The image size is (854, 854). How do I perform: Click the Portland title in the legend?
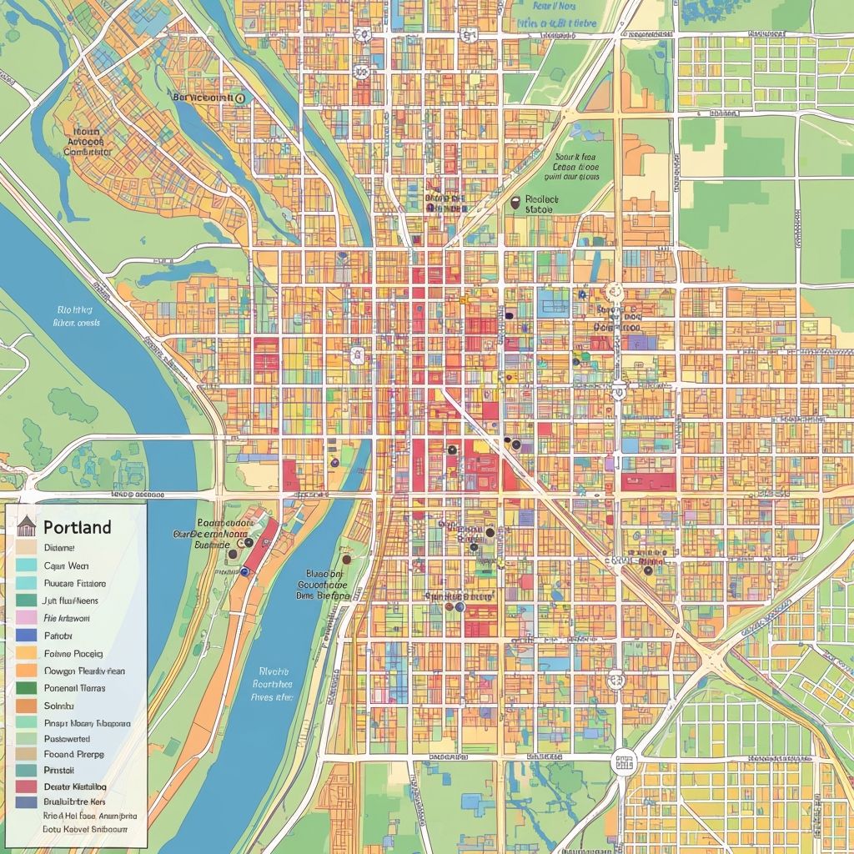77,527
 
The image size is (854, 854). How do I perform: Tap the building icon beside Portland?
27,525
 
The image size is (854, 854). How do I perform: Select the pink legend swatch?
26,618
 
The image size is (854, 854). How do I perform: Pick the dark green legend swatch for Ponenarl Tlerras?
26,688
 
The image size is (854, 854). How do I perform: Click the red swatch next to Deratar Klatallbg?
26,786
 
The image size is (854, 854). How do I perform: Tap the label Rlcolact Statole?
540,205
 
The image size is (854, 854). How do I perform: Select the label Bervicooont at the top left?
202,98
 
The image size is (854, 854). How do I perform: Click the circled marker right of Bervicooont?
240,98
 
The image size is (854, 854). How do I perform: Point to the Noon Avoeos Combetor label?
88,142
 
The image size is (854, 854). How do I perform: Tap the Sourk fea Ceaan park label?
575,166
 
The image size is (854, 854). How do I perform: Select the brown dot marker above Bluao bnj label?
345,560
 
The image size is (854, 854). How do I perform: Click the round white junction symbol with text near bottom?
623,760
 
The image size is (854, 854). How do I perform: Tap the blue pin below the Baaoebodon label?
244,572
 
